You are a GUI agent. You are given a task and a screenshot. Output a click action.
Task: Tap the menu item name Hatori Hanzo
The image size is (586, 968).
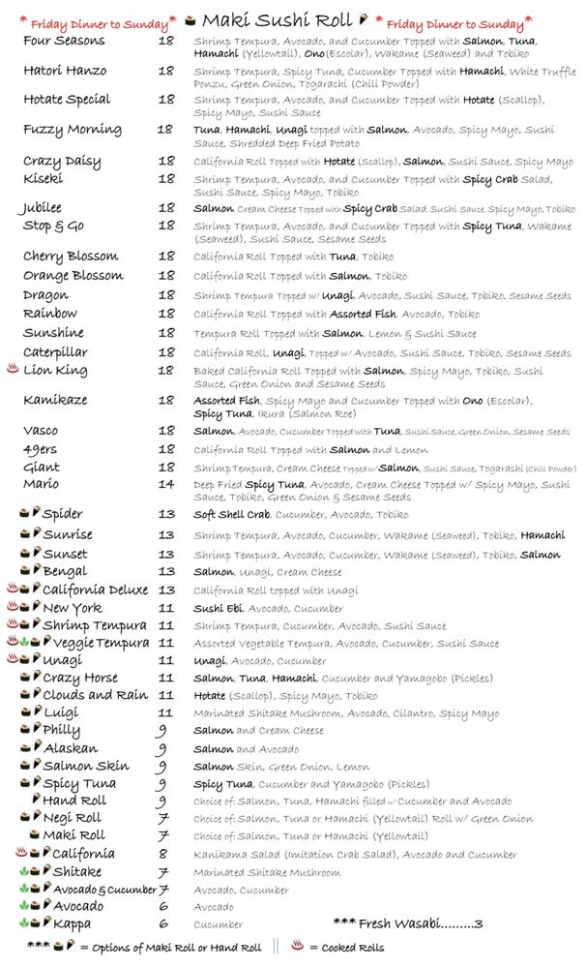click(x=65, y=71)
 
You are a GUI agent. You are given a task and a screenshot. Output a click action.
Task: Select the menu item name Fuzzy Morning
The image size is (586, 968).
click(x=73, y=130)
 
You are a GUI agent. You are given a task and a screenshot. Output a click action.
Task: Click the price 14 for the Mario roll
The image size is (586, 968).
click(x=166, y=484)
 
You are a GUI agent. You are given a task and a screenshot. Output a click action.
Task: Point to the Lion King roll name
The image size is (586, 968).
click(x=55, y=371)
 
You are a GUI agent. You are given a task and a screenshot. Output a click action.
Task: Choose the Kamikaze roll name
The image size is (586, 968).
click(x=55, y=400)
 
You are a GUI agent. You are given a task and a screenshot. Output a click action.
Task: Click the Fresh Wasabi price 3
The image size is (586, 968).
click(x=478, y=924)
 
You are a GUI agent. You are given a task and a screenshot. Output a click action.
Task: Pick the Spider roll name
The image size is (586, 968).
click(x=63, y=514)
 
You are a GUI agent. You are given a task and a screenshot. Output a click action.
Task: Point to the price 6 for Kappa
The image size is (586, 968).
click(x=162, y=924)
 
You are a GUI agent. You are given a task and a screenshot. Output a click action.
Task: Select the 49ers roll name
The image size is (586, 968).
click(x=42, y=450)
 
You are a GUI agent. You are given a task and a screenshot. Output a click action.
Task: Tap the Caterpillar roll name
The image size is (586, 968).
click(x=55, y=353)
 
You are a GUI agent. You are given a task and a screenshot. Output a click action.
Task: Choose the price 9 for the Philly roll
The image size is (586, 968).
click(x=161, y=731)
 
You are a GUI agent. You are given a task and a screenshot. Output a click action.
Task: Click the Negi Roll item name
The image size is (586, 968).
click(x=72, y=818)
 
